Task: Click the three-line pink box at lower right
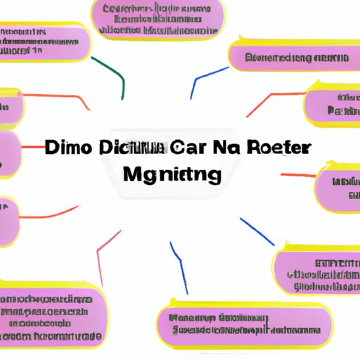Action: (316, 271)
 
